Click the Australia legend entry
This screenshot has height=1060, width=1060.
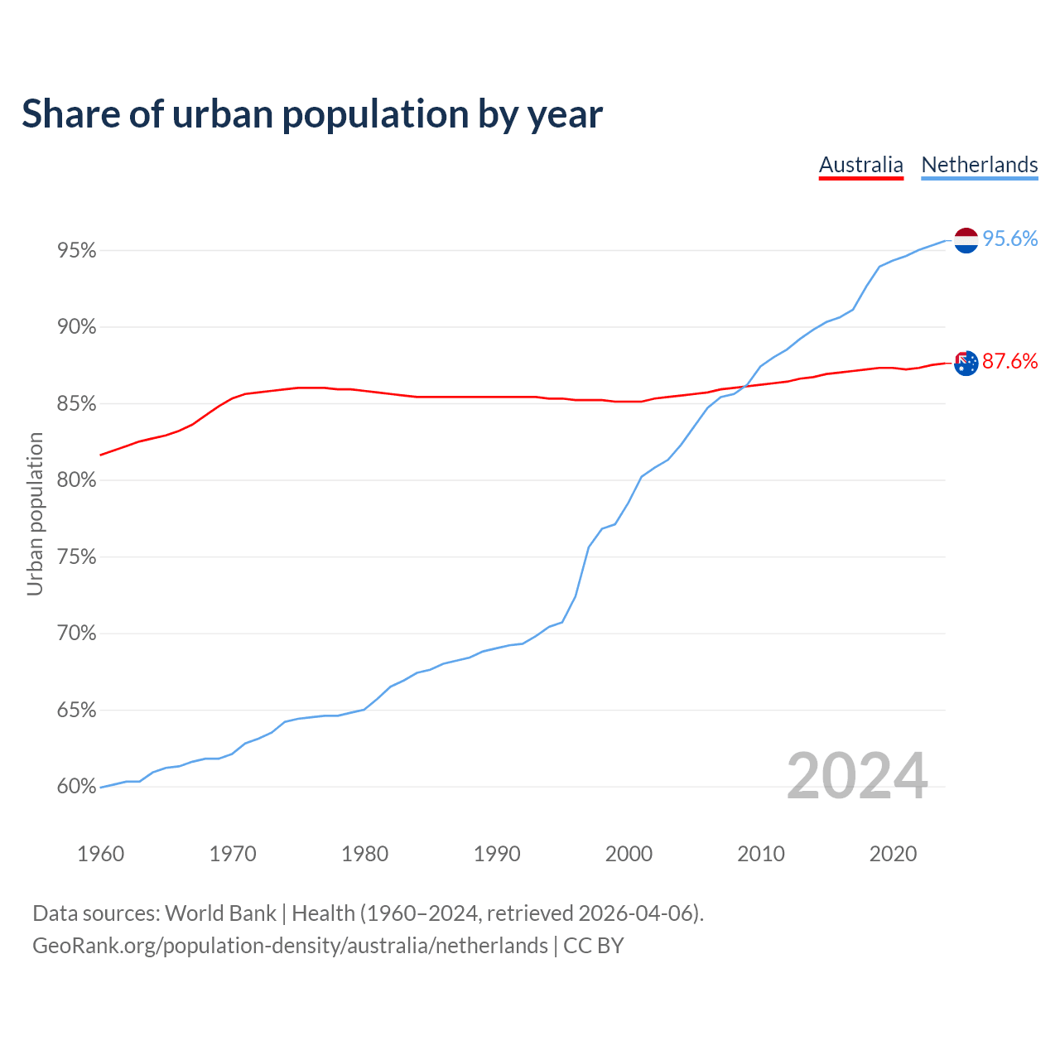pos(860,165)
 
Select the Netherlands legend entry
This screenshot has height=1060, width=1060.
pos(979,165)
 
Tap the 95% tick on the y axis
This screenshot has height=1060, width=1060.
pos(77,250)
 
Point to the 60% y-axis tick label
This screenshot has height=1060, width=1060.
pos(77,787)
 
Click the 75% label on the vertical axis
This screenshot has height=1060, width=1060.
pos(77,557)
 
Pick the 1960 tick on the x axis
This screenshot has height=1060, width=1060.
pos(101,854)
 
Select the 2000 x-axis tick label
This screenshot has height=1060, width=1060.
pos(629,854)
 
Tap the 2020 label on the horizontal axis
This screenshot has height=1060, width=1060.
pos(893,854)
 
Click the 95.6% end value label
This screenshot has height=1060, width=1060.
pos(1009,239)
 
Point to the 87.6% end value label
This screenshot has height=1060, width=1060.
pos(1009,362)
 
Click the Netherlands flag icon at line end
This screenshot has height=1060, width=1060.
pos(966,240)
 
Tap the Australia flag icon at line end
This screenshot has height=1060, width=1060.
pos(966,363)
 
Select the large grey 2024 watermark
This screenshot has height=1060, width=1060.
pos(857,776)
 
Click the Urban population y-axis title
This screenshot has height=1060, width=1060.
pos(35,513)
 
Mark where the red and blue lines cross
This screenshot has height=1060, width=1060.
pos(741,386)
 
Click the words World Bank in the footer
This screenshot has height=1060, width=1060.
pos(220,913)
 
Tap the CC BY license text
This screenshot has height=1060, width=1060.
pos(594,946)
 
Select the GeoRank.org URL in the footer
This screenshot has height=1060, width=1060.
pos(290,946)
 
